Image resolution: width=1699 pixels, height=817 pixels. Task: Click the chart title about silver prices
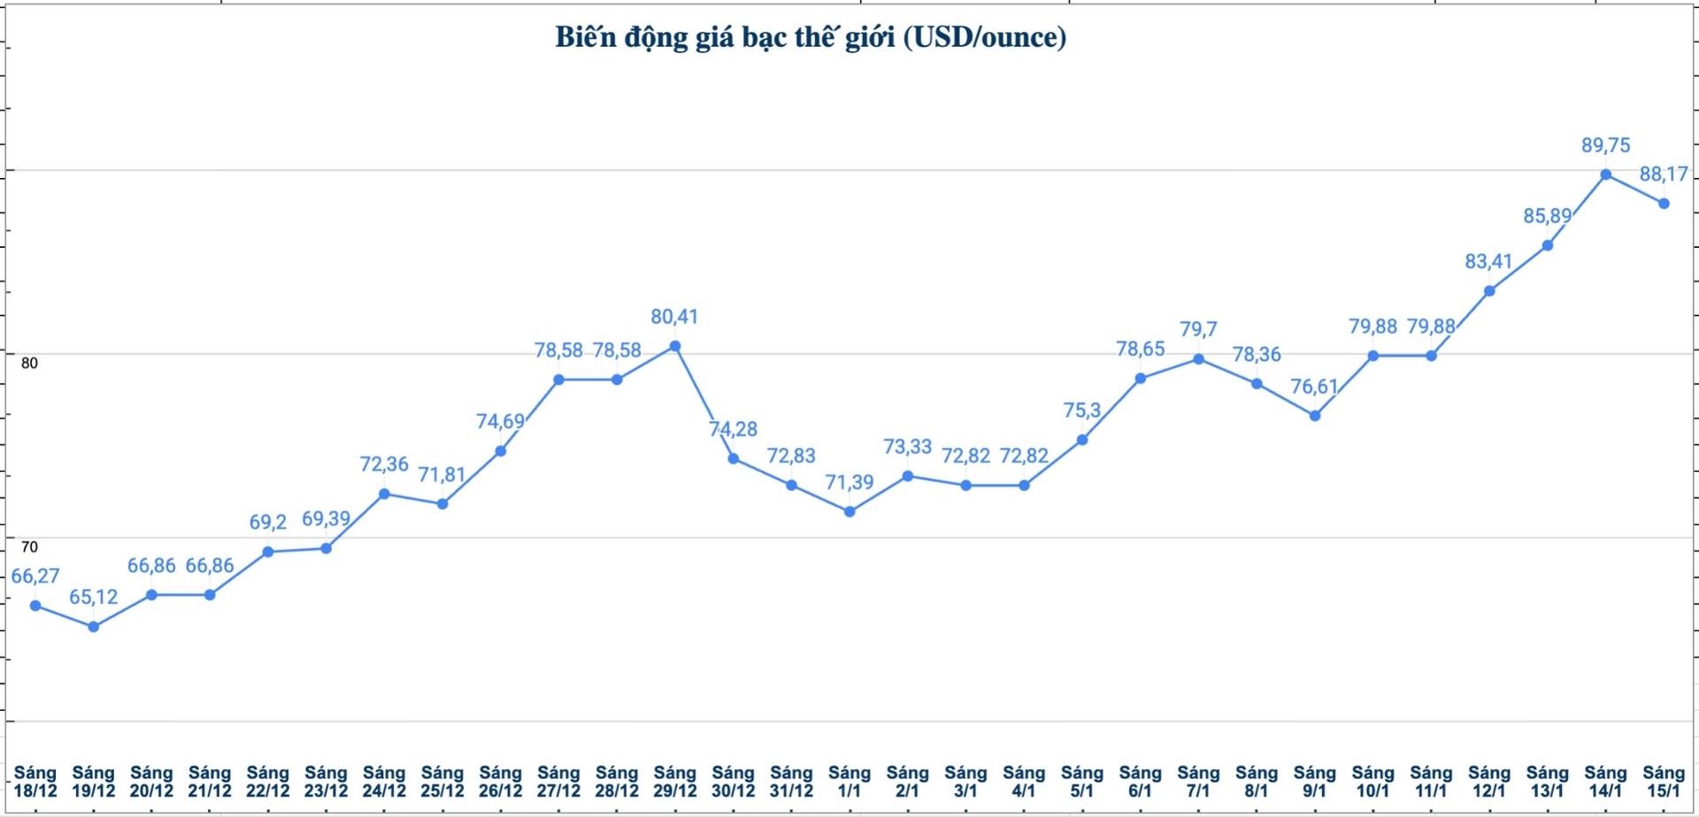pyautogui.click(x=810, y=37)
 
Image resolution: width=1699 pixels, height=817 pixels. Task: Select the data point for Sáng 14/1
pyautogui.click(x=1605, y=174)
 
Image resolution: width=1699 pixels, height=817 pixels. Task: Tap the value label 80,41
pyautogui.click(x=674, y=317)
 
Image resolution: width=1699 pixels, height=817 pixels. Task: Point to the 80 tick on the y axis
pyautogui.click(x=29, y=363)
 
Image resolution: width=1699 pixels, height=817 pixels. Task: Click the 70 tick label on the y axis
pyautogui.click(x=29, y=547)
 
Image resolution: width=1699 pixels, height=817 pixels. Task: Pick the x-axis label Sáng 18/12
pyautogui.click(x=35, y=782)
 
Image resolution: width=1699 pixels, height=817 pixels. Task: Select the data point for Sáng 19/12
pyautogui.click(x=94, y=627)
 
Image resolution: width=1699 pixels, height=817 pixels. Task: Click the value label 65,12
pyautogui.click(x=94, y=597)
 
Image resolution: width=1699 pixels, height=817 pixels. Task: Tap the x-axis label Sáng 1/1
pyautogui.click(x=849, y=782)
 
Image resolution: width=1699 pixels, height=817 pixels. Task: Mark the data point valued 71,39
pyautogui.click(x=849, y=512)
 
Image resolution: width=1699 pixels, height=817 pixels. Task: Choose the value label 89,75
pyautogui.click(x=1605, y=145)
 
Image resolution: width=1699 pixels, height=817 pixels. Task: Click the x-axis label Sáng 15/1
pyautogui.click(x=1664, y=782)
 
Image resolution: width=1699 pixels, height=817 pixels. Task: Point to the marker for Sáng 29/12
pyautogui.click(x=675, y=346)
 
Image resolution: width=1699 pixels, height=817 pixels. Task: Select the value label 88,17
pyautogui.click(x=1664, y=174)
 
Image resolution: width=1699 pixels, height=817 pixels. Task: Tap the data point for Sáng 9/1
pyautogui.click(x=1315, y=416)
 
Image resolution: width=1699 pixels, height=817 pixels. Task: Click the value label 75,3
pyautogui.click(x=1082, y=411)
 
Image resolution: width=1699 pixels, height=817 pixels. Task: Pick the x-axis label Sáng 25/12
pyautogui.click(x=442, y=782)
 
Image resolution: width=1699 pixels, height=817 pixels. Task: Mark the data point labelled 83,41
pyautogui.click(x=1489, y=291)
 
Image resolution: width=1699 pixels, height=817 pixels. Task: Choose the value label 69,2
pyautogui.click(x=268, y=522)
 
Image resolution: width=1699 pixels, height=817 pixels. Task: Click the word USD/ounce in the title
pyautogui.click(x=984, y=37)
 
